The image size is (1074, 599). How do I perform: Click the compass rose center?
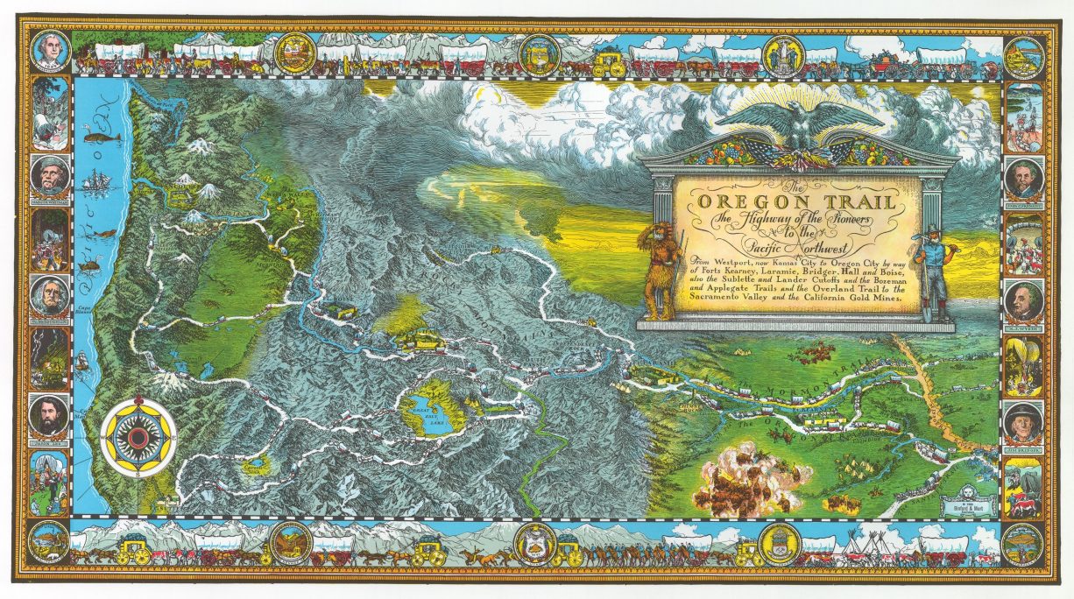[x=138, y=435]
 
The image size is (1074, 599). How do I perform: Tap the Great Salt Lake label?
[x=423, y=412]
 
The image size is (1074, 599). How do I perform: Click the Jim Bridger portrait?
[x=1022, y=424]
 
